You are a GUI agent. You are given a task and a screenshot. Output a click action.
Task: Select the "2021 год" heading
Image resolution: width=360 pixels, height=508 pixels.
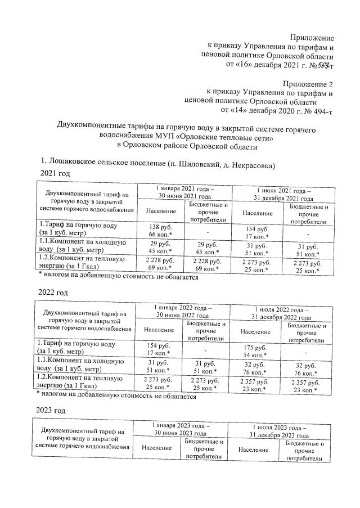(x=54, y=175)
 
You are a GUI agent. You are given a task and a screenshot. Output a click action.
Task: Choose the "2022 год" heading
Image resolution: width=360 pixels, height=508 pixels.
(x=55, y=293)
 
